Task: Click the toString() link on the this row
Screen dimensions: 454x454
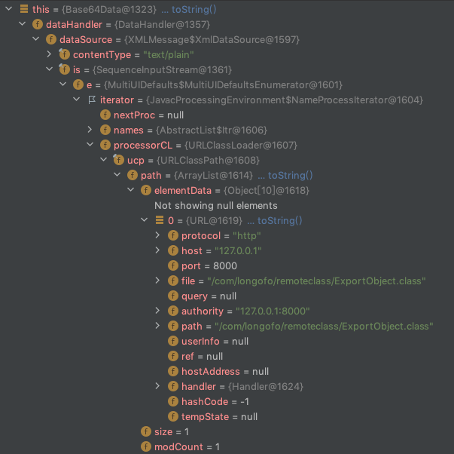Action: pos(193,10)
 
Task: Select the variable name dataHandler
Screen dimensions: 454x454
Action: pos(74,25)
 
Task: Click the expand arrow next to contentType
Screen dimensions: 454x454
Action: pos(49,54)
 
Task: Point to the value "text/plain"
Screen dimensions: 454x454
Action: pos(169,55)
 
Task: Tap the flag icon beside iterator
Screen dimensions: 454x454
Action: pos(92,100)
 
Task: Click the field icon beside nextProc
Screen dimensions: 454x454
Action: pos(105,115)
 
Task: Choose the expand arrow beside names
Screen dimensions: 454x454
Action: pos(90,130)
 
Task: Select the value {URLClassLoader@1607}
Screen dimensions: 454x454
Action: pos(241,146)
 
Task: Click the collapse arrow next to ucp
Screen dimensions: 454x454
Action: pos(103,160)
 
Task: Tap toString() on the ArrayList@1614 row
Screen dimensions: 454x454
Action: pos(290,176)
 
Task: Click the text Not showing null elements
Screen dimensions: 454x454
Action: pos(216,206)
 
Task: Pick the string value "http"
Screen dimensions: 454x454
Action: pos(247,236)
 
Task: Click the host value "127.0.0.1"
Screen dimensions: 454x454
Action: pos(238,251)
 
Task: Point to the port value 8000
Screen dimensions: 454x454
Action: pos(225,266)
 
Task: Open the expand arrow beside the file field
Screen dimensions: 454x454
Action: pos(157,281)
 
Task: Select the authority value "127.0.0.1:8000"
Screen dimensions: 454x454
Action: pos(273,311)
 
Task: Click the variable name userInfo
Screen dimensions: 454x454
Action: pos(200,342)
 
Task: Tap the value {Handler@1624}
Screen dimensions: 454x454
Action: pos(266,387)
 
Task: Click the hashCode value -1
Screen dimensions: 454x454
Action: pos(245,402)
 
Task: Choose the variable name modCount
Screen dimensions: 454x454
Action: pos(178,447)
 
